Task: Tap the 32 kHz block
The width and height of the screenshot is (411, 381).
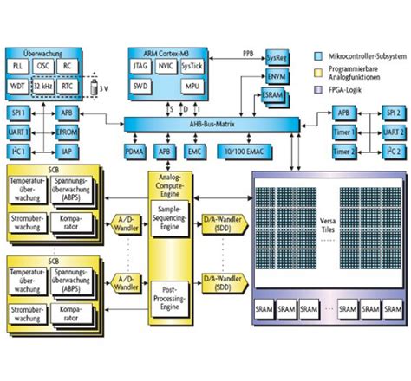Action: tap(43, 86)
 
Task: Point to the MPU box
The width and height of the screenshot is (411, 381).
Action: tap(192, 87)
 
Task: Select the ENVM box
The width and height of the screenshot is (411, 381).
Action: tap(275, 76)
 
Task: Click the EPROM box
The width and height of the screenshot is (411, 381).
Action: tap(67, 132)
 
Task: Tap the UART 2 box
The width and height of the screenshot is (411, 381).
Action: tap(393, 132)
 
